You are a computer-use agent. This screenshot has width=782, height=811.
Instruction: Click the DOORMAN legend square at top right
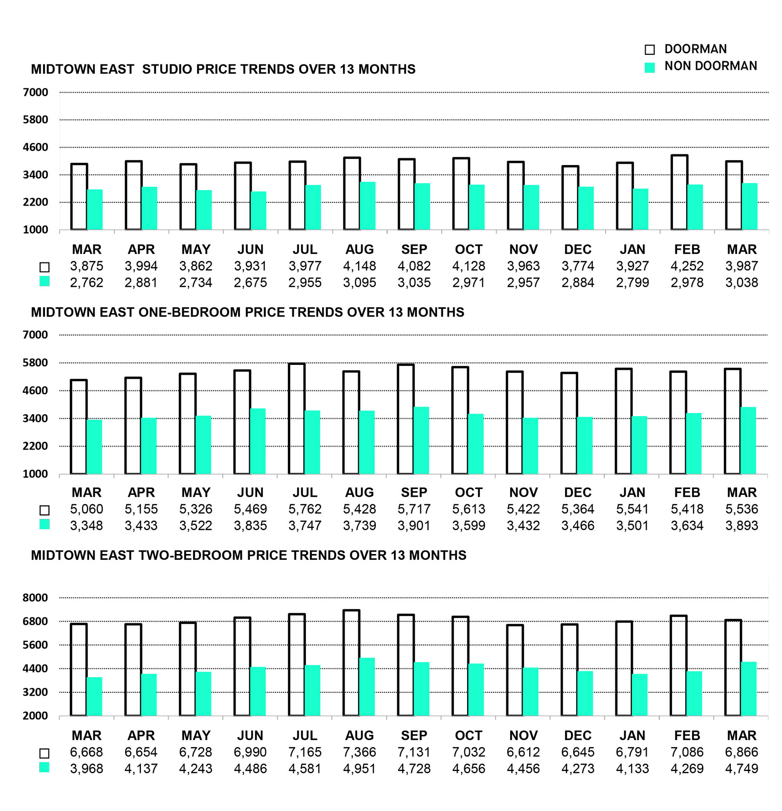tap(650, 49)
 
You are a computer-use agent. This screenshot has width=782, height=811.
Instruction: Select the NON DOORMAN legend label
tap(710, 66)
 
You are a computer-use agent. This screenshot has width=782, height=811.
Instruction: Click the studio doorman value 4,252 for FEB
tap(687, 266)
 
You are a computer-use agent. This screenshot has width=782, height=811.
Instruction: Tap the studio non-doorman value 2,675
tap(250, 283)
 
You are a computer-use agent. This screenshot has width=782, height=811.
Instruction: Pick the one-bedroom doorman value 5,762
tap(305, 509)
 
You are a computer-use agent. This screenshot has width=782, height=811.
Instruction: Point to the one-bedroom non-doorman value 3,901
tap(414, 526)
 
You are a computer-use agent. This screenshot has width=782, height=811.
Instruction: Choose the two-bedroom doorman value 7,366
tap(359, 752)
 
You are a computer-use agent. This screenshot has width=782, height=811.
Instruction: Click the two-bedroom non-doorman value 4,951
tap(359, 768)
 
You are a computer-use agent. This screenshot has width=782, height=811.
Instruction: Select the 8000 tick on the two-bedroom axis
tap(35, 598)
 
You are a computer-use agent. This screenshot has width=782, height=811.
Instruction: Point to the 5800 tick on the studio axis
tap(35, 120)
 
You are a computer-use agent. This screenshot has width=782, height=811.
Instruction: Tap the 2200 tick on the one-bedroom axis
tap(35, 446)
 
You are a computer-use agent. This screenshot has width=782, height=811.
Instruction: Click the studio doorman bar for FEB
tap(679, 192)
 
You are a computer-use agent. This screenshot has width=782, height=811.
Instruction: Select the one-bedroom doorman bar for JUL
tap(297, 419)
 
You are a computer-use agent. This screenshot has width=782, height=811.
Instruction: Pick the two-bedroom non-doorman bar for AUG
tap(367, 687)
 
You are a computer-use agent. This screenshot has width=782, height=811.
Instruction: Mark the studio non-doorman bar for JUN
tap(259, 211)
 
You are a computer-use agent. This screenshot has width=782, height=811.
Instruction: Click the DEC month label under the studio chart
tap(578, 250)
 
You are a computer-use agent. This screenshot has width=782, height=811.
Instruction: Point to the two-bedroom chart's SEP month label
tap(414, 735)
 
